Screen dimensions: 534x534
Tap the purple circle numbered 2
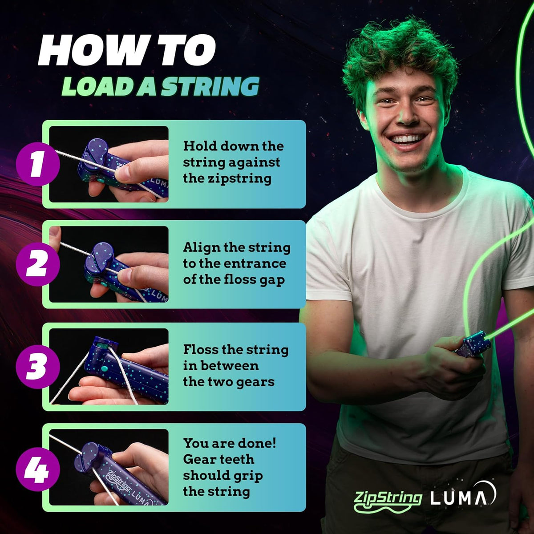click(x=37, y=264)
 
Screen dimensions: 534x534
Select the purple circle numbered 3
click(x=37, y=367)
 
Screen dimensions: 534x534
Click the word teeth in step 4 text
click(x=238, y=459)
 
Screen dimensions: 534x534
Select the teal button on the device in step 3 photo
click(x=105, y=369)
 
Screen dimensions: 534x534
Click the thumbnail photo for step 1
click(x=109, y=164)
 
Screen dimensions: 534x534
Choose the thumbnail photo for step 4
click(x=109, y=467)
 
